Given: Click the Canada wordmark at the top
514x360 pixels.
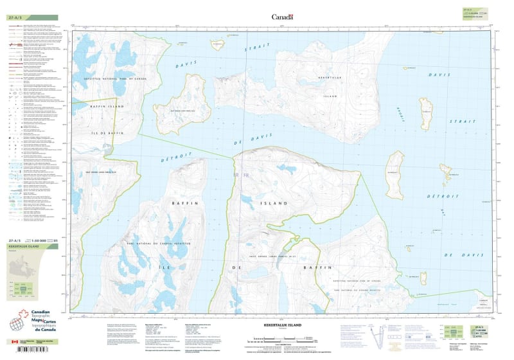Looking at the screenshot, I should [x=282, y=17].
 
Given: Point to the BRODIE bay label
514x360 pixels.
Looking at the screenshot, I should [x=399, y=109].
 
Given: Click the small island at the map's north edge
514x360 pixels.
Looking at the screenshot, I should [x=218, y=44].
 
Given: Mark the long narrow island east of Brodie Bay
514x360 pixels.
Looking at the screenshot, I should [x=425, y=113].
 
